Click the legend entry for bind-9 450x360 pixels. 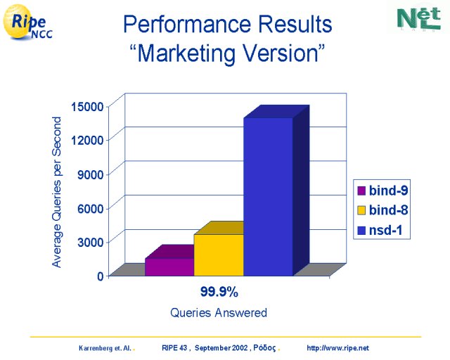pos(382,191)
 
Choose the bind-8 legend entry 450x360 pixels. pos(382,210)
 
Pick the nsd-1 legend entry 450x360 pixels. pos(380,230)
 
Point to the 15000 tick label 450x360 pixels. pos(87,107)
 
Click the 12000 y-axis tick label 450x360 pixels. pos(87,141)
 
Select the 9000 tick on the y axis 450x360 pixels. pos(90,174)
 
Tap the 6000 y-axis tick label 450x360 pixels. pos(90,208)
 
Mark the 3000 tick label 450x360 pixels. pos(90,243)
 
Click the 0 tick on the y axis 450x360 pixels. pos(100,276)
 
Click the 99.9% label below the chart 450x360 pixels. pos(219,292)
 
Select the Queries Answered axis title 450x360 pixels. pos(219,313)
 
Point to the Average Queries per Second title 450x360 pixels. pos(56,192)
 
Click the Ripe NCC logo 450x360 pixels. pos(27,22)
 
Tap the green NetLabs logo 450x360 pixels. pos(419,19)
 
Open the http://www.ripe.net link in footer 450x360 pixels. pos(337,348)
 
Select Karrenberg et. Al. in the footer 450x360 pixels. pos(105,348)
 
